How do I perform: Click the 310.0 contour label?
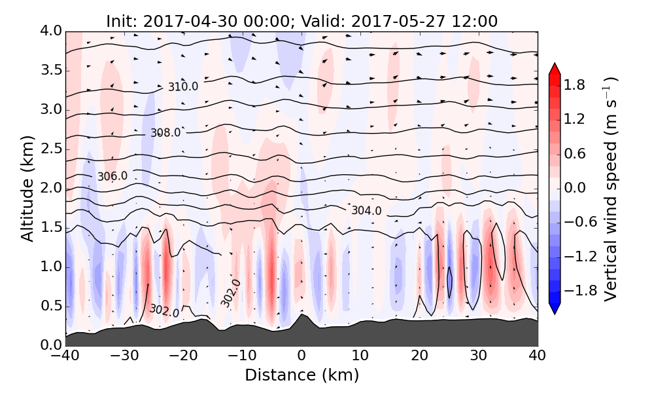pos(182,86)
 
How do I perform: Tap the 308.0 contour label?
pos(165,133)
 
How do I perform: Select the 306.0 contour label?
pos(112,177)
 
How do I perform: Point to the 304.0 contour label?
pos(366,210)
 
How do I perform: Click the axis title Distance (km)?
pos(301,375)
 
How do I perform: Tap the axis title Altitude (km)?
pos(27,188)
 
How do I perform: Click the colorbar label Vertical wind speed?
pos(610,189)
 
